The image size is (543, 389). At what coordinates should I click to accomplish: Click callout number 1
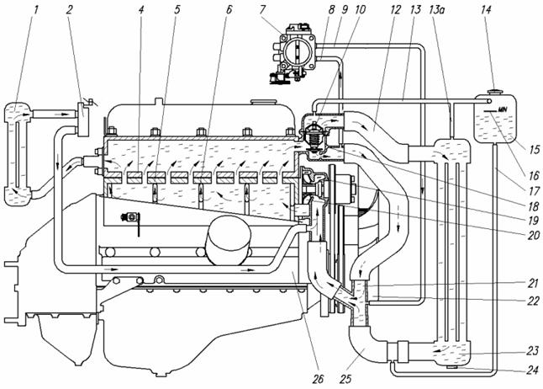pos(35,10)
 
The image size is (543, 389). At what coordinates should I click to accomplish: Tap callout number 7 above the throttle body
pos(263,10)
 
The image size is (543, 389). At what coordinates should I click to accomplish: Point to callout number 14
pos(486,10)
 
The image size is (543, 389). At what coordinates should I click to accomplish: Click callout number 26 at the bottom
pos(318,379)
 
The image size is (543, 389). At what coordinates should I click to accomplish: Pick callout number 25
pos(345,379)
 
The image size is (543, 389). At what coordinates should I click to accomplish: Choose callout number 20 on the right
pos(534,235)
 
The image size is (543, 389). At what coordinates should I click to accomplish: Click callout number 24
pos(533,370)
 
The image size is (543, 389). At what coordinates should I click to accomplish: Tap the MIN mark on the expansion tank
pos(502,109)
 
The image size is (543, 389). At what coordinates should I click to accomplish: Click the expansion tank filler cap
pos(495,92)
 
